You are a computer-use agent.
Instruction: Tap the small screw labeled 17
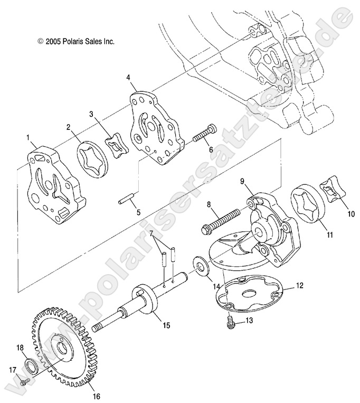(21, 381)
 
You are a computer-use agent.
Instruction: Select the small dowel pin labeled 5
(126, 200)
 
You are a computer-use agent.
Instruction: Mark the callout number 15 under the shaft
(166, 326)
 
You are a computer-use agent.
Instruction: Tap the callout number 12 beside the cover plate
(300, 286)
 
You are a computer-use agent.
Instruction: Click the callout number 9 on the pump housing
(242, 181)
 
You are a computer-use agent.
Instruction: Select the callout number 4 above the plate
(128, 77)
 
